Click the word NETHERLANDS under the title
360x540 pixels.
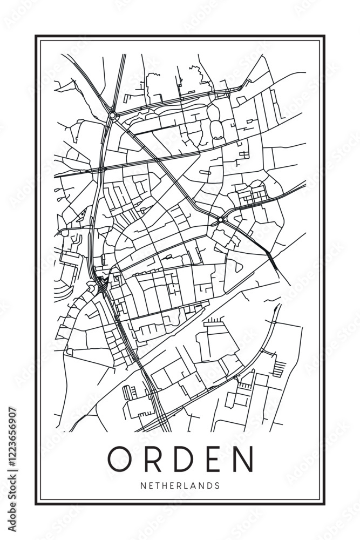pos(180,485)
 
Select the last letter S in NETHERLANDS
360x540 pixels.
pos(217,485)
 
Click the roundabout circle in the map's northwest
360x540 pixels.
pos(112,115)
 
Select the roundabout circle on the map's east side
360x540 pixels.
pos(221,220)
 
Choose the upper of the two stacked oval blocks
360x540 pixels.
pos(214,112)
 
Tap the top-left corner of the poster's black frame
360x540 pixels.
pos(36,36)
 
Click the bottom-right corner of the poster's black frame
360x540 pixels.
pos(324,504)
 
